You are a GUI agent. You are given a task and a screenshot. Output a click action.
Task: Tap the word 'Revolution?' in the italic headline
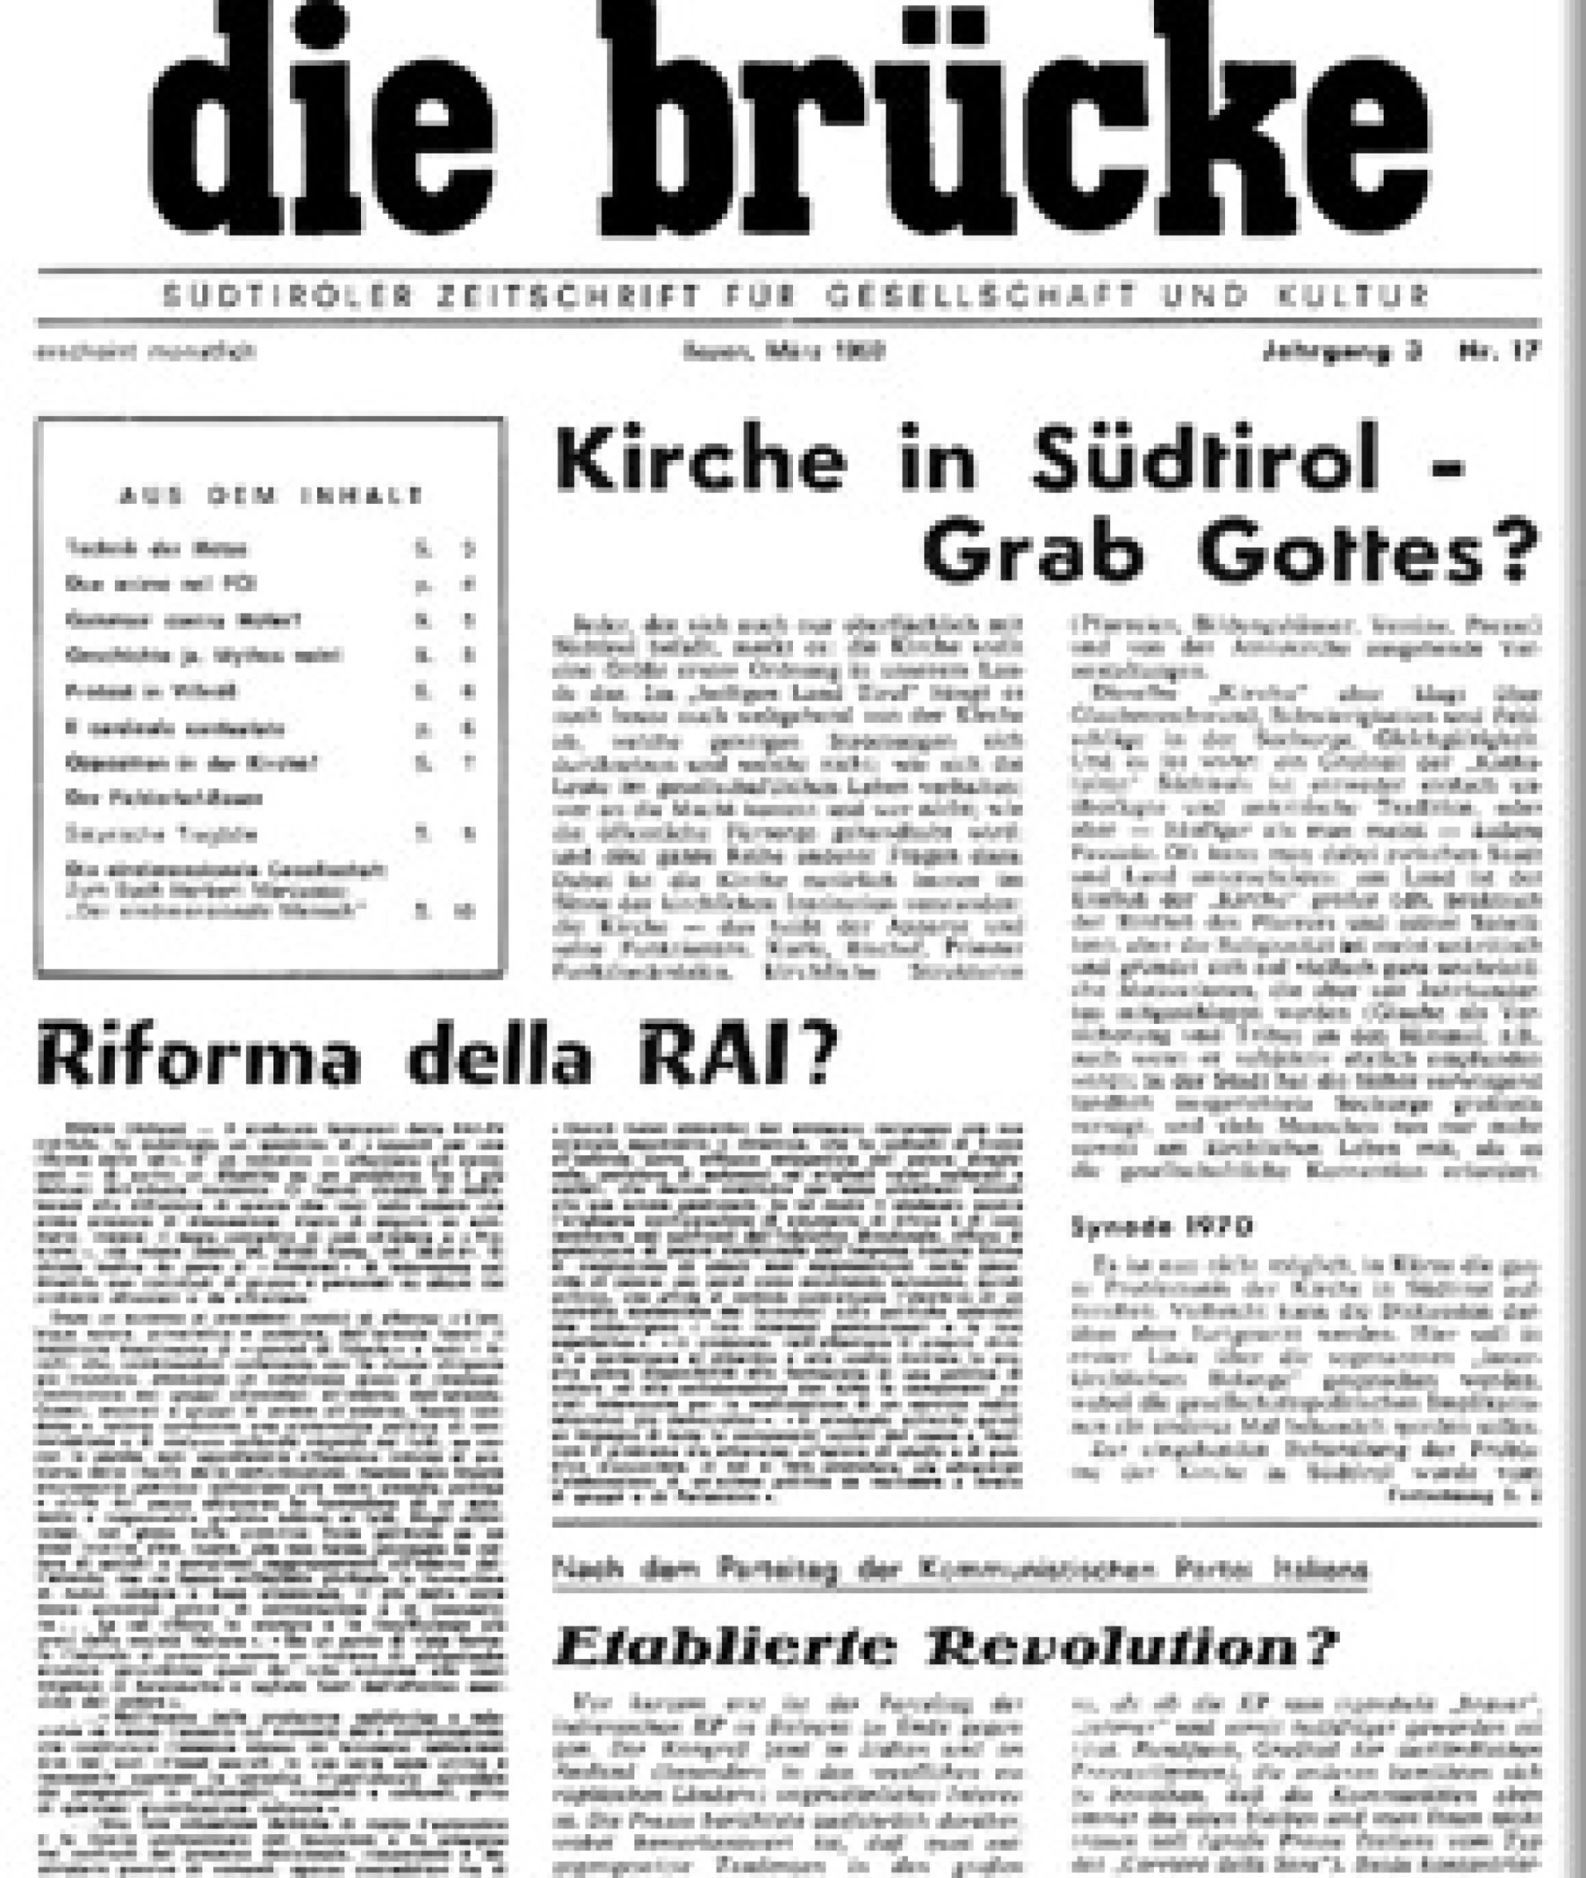point(1129,1648)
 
